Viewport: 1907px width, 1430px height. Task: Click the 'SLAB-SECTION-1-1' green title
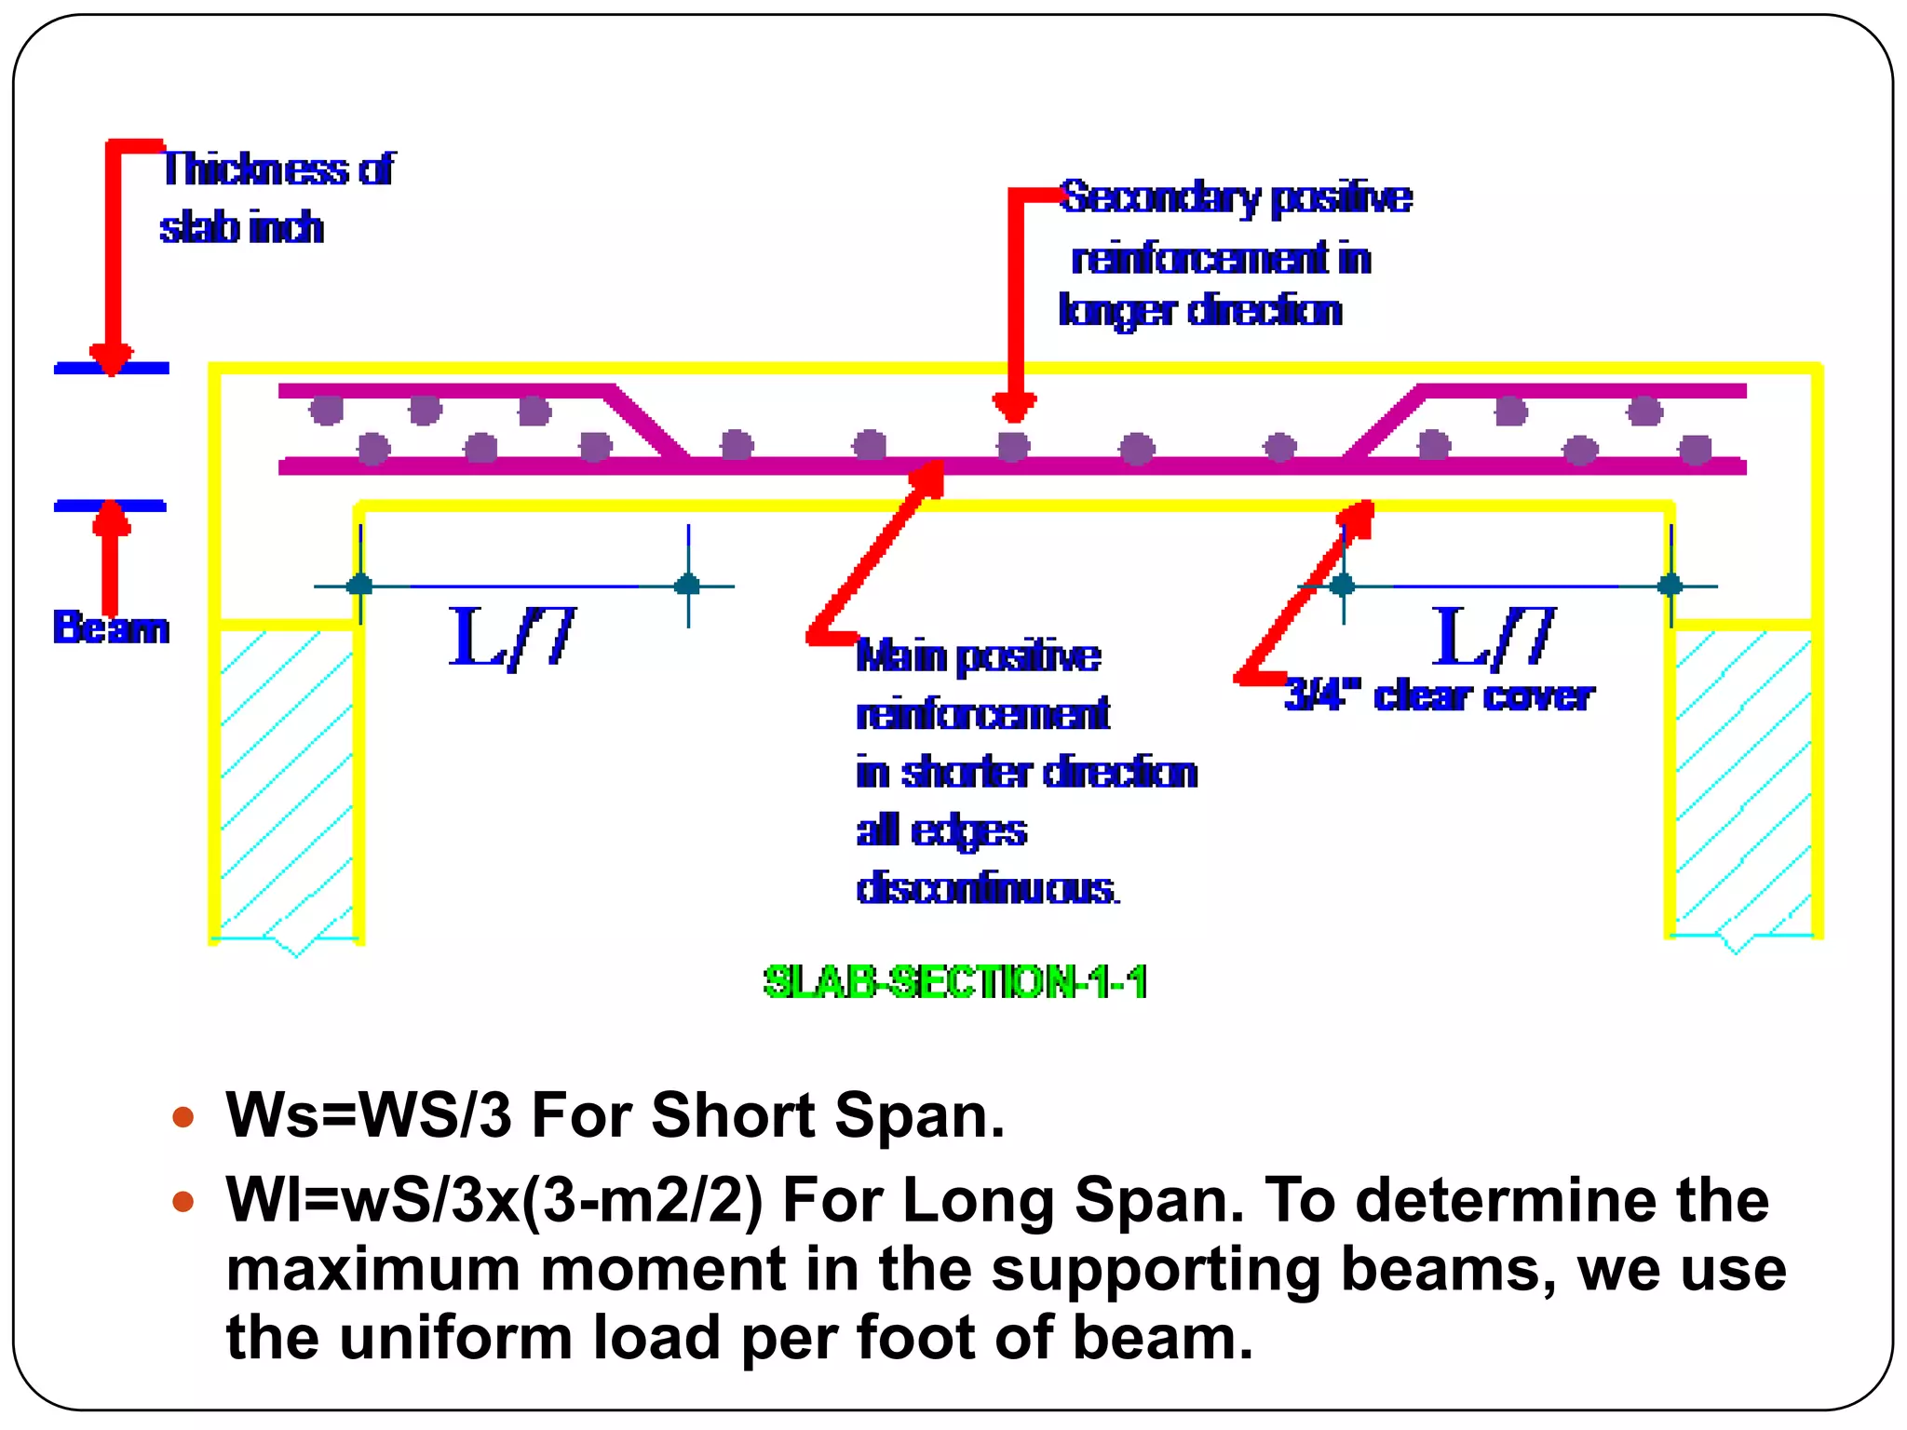point(954,982)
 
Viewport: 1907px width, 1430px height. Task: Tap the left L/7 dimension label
point(511,637)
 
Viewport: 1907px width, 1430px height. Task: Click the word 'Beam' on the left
point(111,627)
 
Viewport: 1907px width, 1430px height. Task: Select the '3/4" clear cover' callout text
point(1439,695)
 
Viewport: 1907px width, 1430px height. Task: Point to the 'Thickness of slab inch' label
point(277,197)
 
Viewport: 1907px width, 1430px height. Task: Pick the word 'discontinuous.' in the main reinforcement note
point(987,888)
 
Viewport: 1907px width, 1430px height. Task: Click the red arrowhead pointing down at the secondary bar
point(1014,407)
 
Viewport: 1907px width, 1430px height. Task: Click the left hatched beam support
point(286,782)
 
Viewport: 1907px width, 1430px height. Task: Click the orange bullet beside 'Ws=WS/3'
point(183,1116)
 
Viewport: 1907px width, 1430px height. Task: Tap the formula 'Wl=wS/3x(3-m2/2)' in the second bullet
point(494,1200)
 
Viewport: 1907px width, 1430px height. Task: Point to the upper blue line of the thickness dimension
point(112,369)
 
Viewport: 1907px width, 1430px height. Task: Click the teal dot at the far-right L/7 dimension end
point(1670,585)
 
